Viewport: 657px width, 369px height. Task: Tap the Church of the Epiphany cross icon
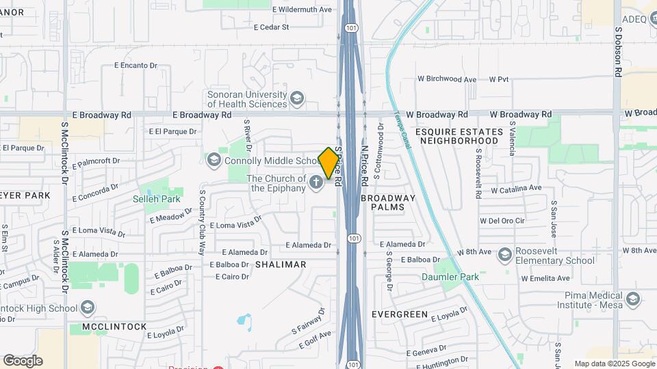(x=315, y=182)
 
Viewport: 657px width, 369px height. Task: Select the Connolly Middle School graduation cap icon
(x=214, y=160)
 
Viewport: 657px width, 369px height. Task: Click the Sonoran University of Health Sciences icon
(x=297, y=98)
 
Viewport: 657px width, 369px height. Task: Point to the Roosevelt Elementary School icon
(x=505, y=255)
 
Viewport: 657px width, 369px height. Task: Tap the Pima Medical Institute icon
(x=633, y=299)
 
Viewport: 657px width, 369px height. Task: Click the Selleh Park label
(x=157, y=199)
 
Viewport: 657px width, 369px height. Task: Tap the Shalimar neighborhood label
(x=281, y=264)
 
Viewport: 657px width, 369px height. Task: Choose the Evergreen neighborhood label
(x=400, y=314)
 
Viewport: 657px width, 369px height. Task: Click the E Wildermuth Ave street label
(x=302, y=10)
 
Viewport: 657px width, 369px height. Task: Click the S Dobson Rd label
(x=617, y=51)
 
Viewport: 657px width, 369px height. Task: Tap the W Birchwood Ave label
(x=447, y=79)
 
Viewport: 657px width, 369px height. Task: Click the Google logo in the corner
(x=23, y=360)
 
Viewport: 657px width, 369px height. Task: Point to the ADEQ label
(x=634, y=19)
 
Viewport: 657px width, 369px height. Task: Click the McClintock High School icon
(x=87, y=307)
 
